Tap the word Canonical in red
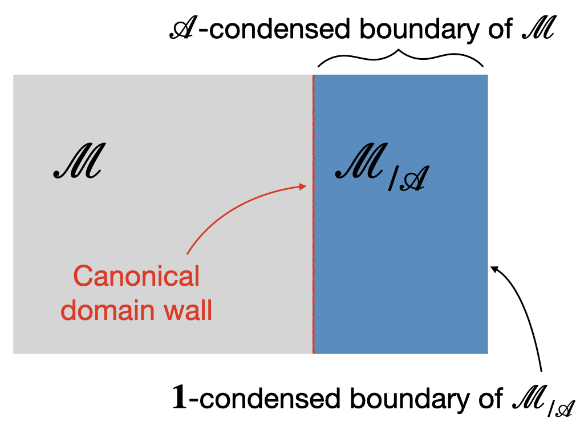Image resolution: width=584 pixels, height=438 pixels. point(136,277)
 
